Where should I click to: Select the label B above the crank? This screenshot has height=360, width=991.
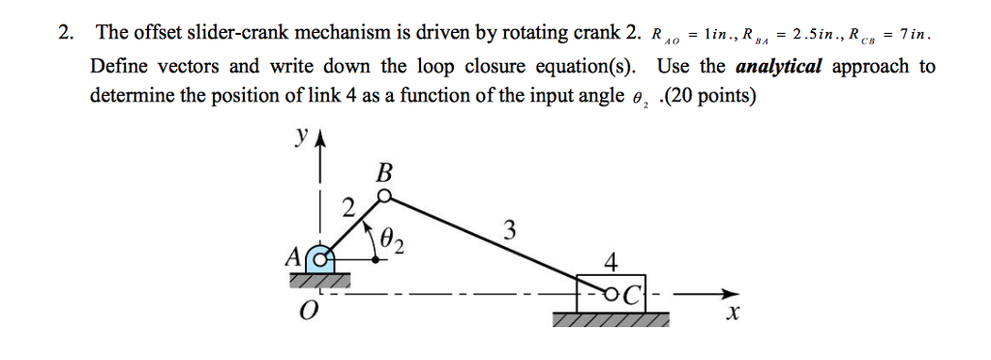384,173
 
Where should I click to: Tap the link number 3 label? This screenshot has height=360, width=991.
509,231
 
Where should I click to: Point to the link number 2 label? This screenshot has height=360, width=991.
349,206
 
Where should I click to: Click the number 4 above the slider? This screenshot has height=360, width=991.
609,263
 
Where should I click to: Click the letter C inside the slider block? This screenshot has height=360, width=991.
628,291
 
